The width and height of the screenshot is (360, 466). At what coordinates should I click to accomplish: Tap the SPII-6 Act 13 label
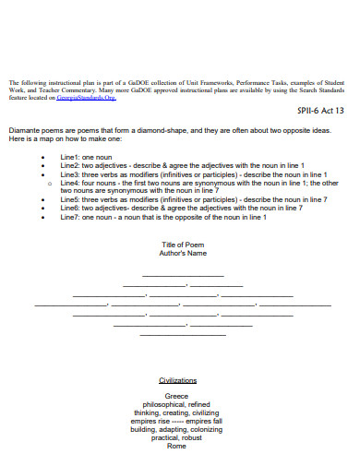pos(321,109)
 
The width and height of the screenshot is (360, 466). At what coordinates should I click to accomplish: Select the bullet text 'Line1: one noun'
pos(86,159)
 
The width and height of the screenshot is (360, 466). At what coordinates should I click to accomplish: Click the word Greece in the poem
pos(176,396)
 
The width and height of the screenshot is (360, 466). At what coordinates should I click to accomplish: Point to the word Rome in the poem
pos(176,447)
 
